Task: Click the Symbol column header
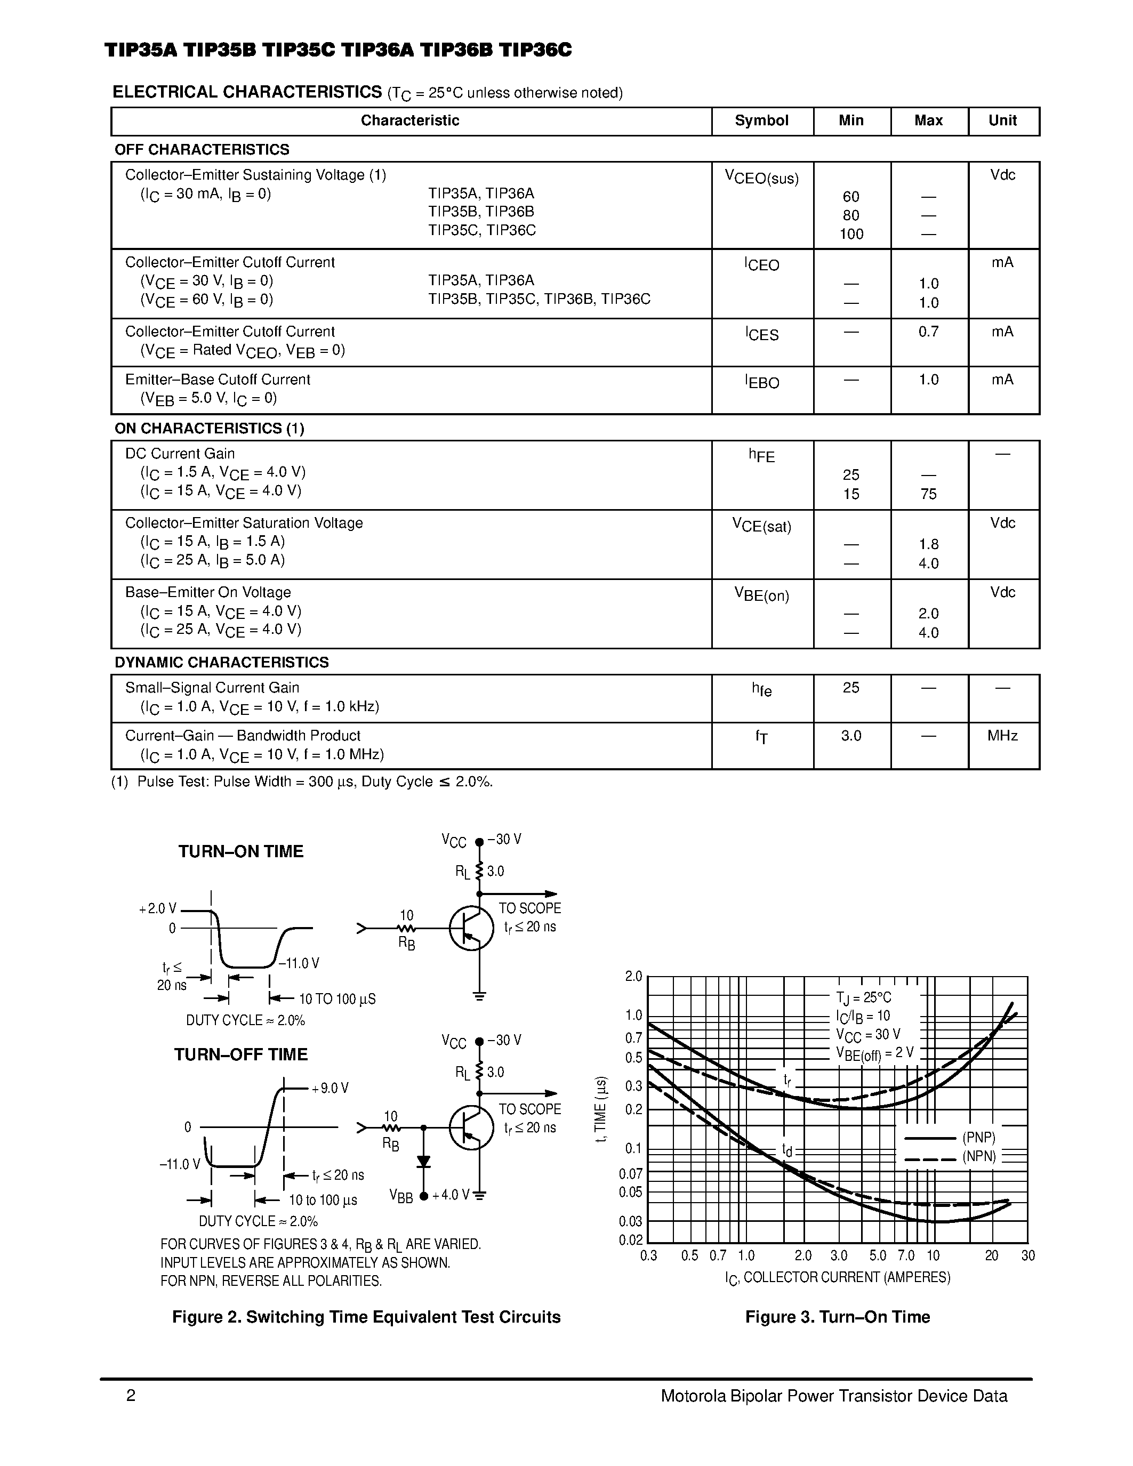pos(761,121)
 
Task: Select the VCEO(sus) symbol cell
pos(761,178)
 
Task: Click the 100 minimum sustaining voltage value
pos(851,234)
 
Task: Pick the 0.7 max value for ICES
pos(928,332)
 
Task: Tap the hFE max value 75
pos(928,494)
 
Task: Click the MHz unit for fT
pos(1002,736)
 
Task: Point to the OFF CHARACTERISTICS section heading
pos(202,149)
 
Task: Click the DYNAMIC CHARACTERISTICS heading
pos(221,663)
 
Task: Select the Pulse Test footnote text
pos(302,782)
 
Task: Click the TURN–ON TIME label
pos(240,851)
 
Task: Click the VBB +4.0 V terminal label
pos(430,1196)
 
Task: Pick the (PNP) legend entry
pos(978,1138)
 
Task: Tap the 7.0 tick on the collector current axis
pos(905,1255)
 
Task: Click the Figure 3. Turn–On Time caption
pos(837,1317)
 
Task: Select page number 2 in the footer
pos(131,1396)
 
